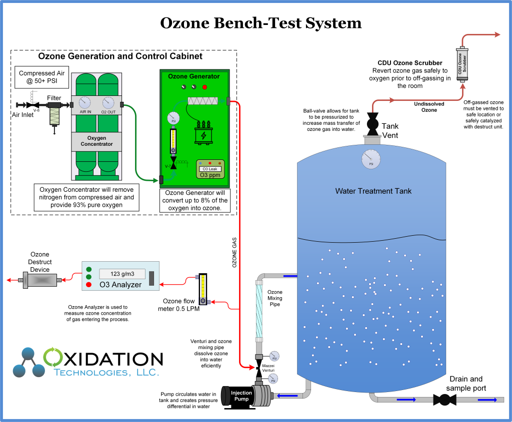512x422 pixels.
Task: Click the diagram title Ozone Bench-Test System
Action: (260, 23)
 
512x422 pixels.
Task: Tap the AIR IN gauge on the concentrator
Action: (84, 103)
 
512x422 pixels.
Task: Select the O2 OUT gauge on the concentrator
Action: (108, 103)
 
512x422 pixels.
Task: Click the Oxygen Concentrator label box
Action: (97, 141)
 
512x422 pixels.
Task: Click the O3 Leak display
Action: (210, 169)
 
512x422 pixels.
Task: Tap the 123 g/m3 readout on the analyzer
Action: (122, 274)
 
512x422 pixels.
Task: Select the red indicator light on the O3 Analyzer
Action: (88, 285)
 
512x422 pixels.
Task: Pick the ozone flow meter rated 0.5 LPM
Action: (202, 289)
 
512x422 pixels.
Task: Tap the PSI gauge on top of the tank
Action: (371, 160)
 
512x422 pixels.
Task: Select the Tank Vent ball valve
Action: (373, 123)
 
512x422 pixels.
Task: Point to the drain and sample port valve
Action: (442, 400)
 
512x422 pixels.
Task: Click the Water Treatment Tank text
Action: (373, 191)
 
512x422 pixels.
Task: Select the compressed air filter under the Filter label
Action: (54, 115)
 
